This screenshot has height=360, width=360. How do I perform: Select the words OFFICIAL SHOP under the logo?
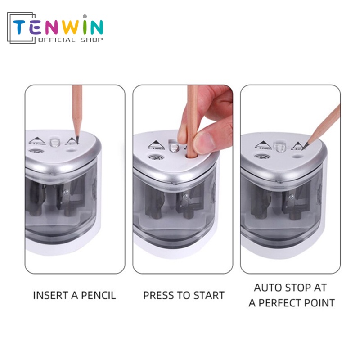[x=71, y=40]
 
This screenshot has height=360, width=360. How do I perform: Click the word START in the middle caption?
[x=209, y=296]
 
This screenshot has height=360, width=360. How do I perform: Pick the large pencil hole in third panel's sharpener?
[x=260, y=157]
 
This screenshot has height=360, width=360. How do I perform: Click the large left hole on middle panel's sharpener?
[x=156, y=158]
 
